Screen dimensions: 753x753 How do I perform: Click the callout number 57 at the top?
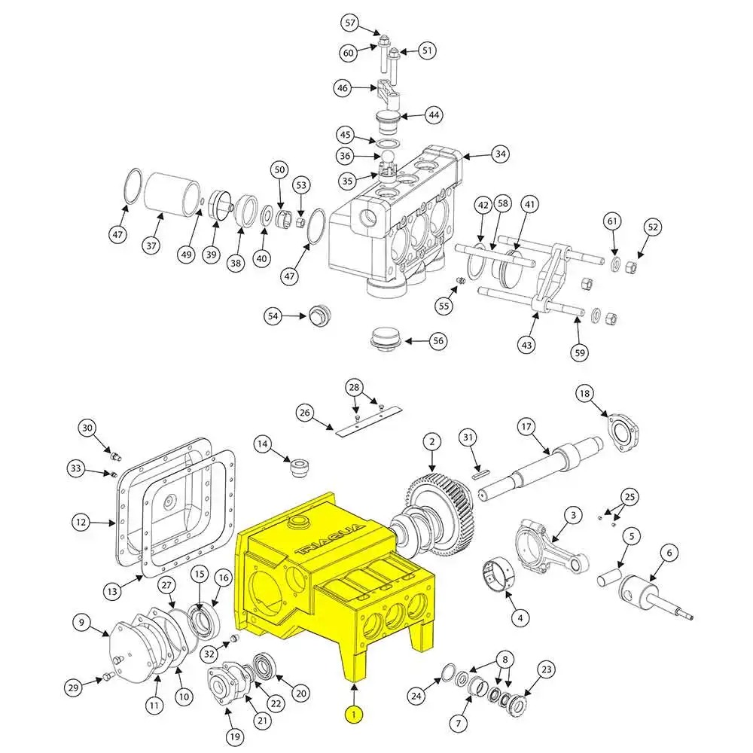pyautogui.click(x=349, y=23)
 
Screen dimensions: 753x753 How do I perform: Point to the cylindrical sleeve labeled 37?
pyautogui.click(x=171, y=194)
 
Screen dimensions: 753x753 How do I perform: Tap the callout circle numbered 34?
pyautogui.click(x=500, y=154)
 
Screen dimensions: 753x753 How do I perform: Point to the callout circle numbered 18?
pyautogui.click(x=584, y=393)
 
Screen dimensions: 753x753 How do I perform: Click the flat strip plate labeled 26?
pyautogui.click(x=369, y=422)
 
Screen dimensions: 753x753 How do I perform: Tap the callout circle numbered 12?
pyautogui.click(x=82, y=521)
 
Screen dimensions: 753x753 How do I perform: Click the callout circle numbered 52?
pyautogui.click(x=653, y=227)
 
